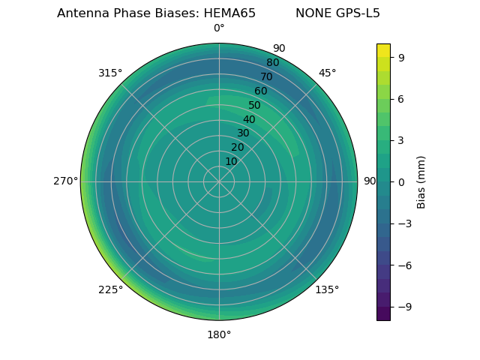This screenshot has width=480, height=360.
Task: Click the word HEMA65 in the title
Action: (x=229, y=13)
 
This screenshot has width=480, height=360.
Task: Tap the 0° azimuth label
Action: (x=219, y=28)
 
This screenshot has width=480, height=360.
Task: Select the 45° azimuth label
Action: (x=328, y=73)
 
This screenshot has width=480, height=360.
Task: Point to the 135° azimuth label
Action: (x=327, y=289)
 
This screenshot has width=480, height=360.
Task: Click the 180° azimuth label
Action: (x=219, y=334)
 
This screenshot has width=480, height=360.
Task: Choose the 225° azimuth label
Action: (x=110, y=289)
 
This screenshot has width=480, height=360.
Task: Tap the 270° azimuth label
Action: (x=65, y=181)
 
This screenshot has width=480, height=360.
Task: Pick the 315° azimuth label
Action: (x=110, y=73)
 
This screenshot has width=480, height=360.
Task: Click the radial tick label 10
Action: (x=231, y=161)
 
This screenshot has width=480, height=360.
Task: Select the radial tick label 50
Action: (x=254, y=106)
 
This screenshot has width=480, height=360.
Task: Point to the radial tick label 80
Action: (x=272, y=63)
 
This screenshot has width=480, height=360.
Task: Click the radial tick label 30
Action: (x=243, y=133)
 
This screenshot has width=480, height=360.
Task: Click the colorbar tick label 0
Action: (x=401, y=182)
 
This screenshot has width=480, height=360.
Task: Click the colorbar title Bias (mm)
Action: (x=421, y=182)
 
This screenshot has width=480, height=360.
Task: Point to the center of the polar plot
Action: (x=219, y=181)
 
